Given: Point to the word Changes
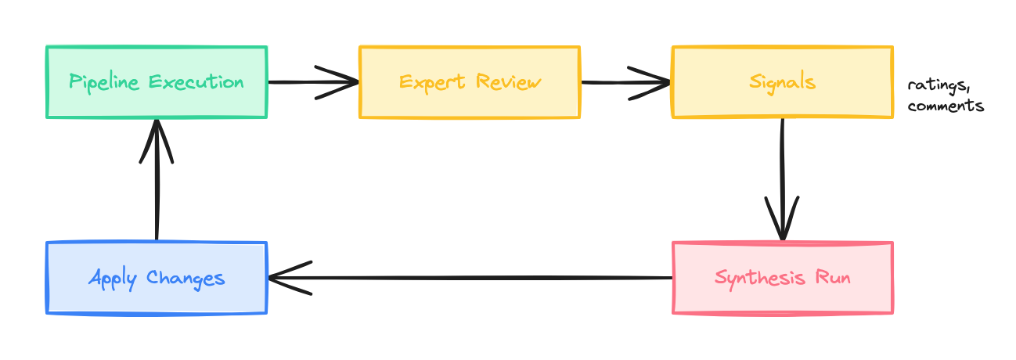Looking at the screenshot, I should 186,278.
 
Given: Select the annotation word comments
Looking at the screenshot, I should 946,106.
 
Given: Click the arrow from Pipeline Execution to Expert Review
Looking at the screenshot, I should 313,82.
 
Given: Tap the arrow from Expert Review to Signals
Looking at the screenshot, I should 626,82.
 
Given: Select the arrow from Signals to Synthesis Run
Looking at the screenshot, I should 782,180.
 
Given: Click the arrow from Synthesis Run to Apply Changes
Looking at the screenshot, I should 470,278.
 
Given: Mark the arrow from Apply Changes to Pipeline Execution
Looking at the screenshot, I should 157,180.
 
